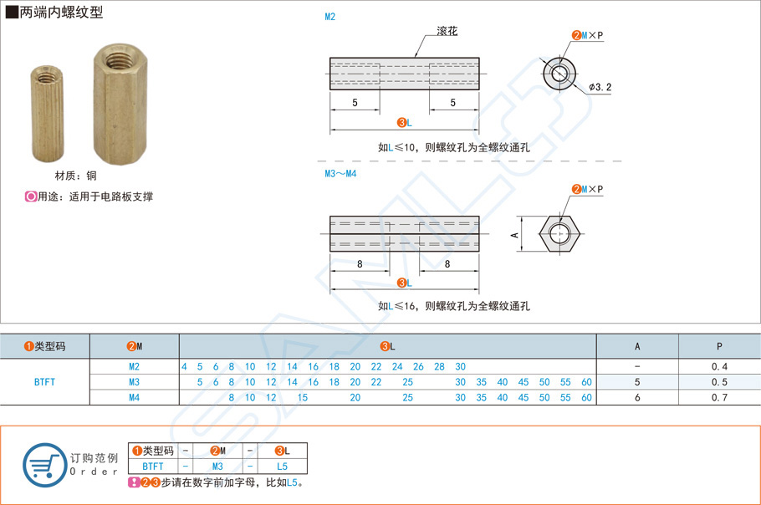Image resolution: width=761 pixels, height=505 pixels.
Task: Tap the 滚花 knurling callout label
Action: tap(447, 32)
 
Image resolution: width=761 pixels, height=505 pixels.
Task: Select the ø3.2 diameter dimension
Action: tap(600, 87)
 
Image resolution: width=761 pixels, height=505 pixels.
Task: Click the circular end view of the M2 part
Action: tap(559, 74)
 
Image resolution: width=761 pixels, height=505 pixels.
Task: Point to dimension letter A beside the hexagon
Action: tap(515, 235)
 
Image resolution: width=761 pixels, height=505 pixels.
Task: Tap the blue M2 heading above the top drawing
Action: tap(330, 17)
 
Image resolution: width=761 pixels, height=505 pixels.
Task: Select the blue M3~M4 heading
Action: tap(340, 174)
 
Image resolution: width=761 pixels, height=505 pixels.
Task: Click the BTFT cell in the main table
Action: tap(45, 382)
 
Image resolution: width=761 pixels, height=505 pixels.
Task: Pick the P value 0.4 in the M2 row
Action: tap(719, 367)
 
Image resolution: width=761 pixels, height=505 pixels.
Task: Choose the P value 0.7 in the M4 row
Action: tap(719, 398)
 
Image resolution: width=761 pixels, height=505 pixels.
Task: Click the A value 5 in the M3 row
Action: tap(637, 382)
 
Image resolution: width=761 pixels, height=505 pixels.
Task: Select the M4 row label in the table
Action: tap(135, 398)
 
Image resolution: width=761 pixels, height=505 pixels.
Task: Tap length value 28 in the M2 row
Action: tap(439, 367)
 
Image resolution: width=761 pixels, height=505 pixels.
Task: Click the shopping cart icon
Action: tap(43, 464)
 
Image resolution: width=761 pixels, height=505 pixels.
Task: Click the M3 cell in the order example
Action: tap(217, 467)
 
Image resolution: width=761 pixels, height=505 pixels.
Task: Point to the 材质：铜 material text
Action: tap(76, 176)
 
